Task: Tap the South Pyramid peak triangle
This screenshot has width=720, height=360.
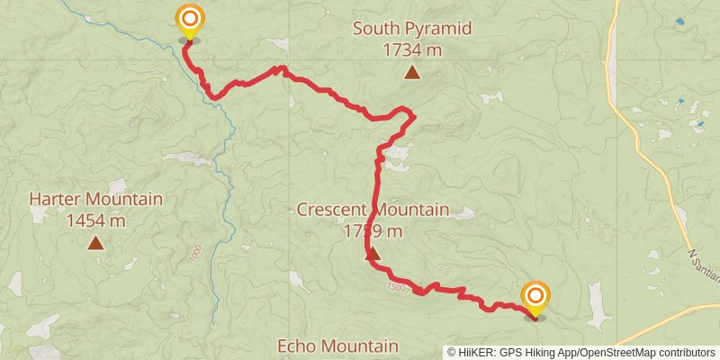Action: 411,73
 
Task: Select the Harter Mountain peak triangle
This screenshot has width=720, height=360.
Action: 94,242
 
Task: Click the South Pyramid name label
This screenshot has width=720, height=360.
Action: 411,29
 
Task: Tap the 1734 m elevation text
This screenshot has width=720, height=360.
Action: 411,50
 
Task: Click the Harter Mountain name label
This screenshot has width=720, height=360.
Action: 95,199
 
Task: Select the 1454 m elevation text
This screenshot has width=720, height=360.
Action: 95,220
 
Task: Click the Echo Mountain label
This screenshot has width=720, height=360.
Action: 337,346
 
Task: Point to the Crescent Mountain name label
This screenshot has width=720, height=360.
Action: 373,210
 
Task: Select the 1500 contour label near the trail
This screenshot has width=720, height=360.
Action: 395,286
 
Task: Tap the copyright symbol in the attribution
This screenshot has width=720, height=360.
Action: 452,352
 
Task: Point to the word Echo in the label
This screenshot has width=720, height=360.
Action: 297,346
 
